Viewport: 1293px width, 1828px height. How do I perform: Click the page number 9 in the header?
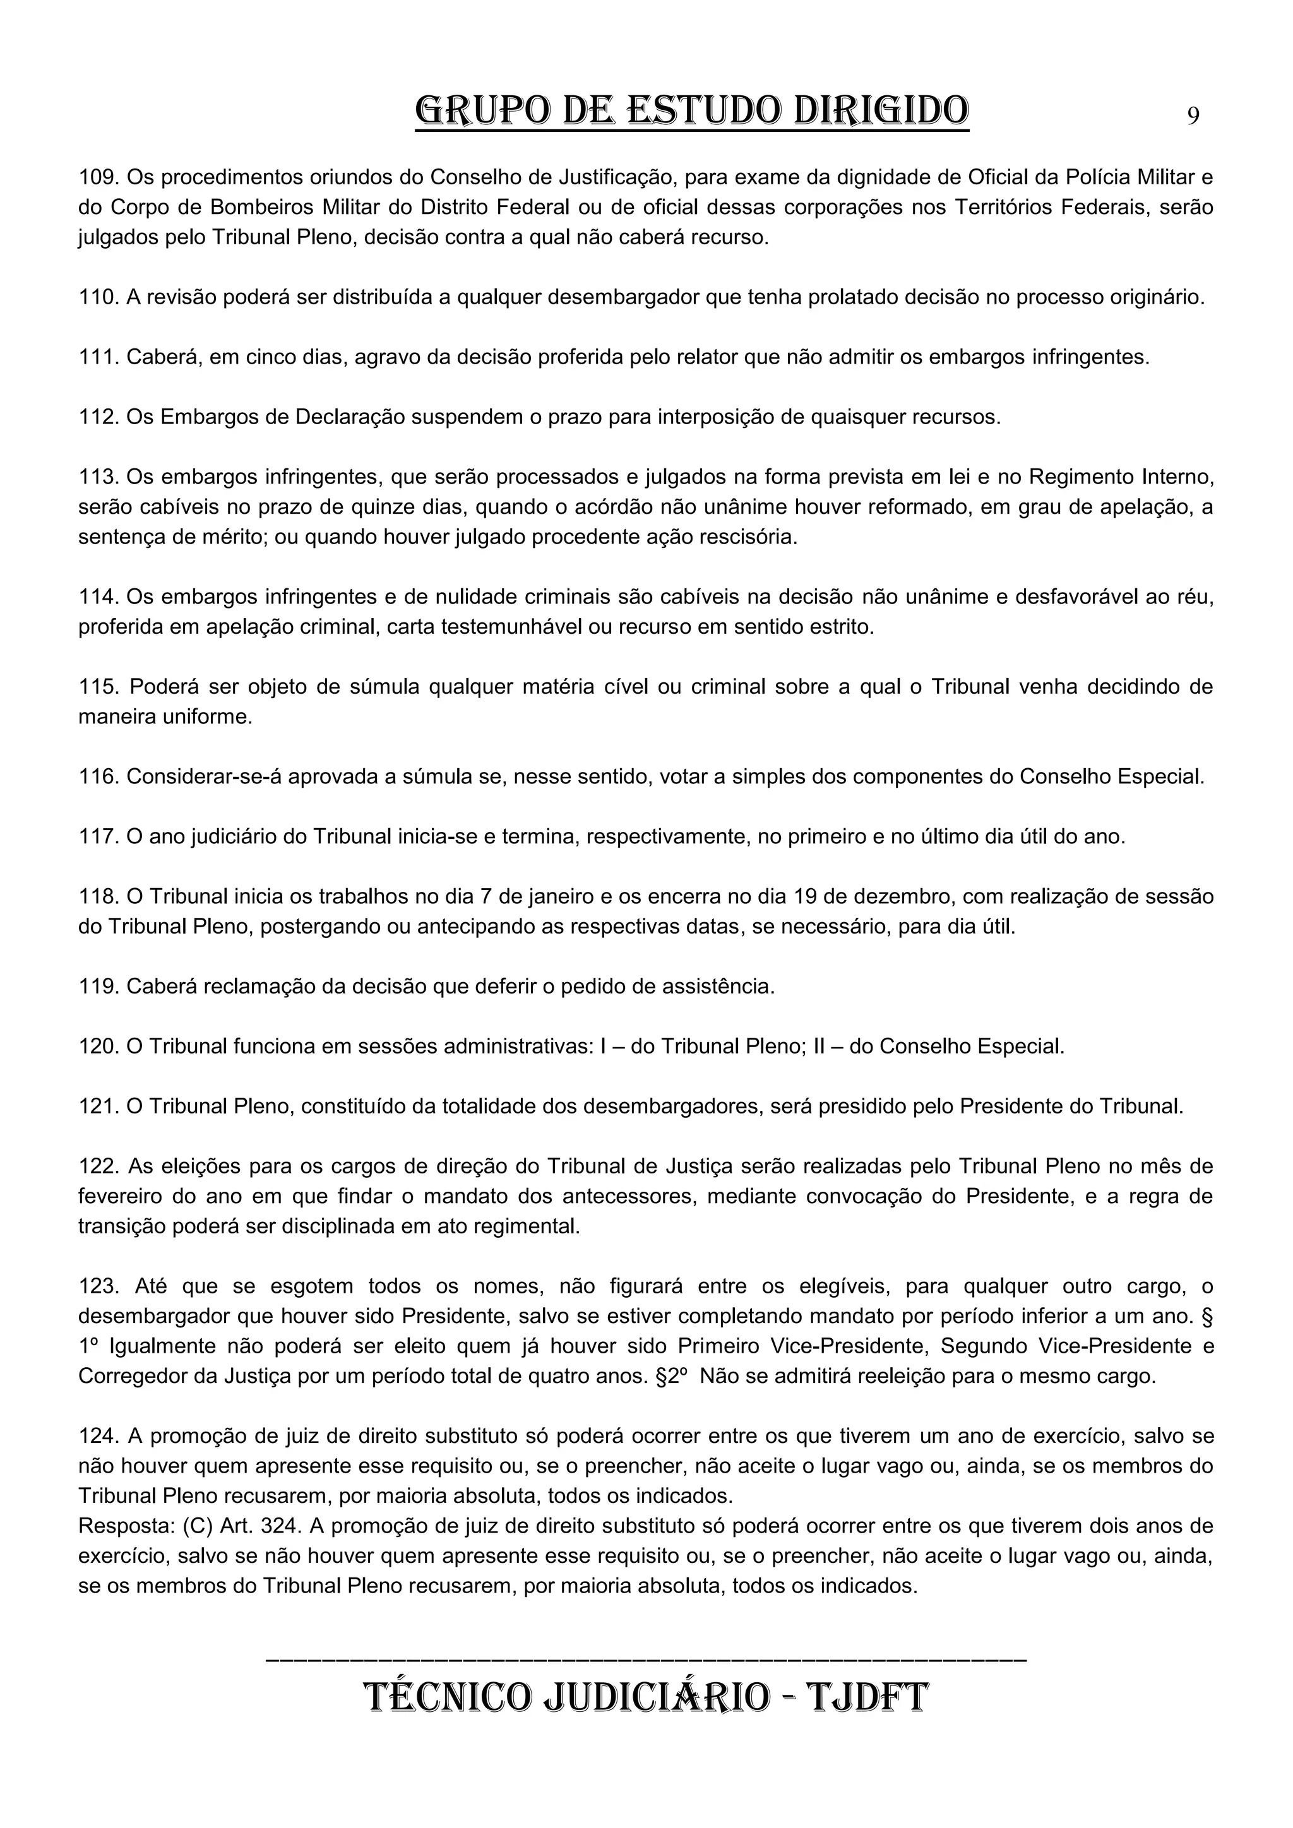(1193, 116)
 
